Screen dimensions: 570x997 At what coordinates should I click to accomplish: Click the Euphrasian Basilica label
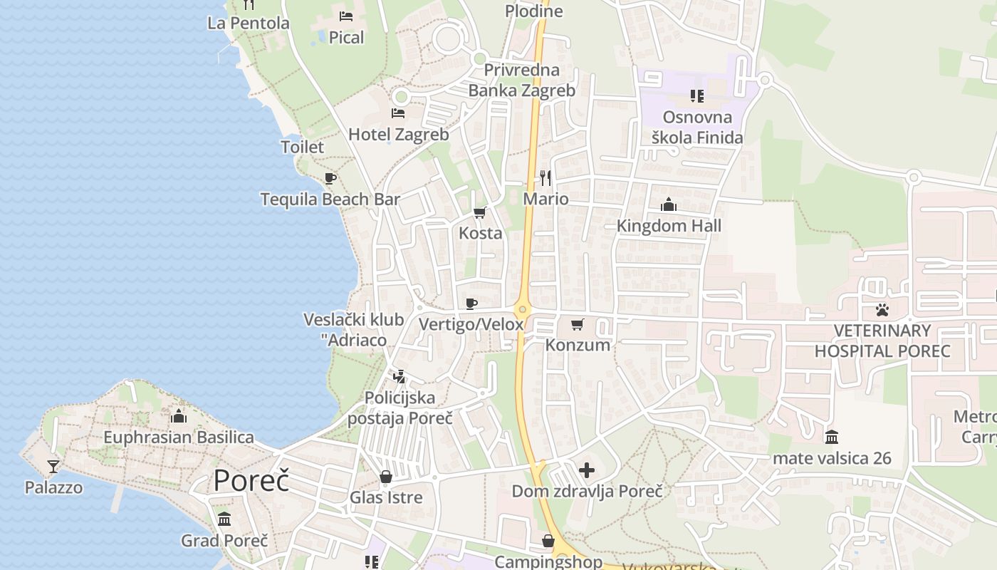click(x=179, y=437)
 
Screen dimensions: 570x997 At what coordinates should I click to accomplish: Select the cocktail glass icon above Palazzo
click(x=53, y=467)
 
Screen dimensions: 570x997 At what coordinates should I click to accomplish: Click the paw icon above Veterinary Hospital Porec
click(x=882, y=310)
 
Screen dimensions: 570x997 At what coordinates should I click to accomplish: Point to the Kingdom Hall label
click(x=669, y=226)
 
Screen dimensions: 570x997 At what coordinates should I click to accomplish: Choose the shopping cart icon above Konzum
click(x=578, y=324)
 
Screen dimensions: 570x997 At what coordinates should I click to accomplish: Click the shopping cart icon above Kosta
click(x=480, y=212)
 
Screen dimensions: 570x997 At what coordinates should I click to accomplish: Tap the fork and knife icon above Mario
click(x=546, y=177)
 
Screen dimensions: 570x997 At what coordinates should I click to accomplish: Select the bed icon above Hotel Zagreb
click(x=398, y=113)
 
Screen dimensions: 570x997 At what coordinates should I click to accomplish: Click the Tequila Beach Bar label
click(x=330, y=199)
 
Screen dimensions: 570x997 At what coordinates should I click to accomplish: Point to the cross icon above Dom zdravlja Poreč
click(x=587, y=470)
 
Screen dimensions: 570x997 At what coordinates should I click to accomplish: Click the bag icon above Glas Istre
click(x=386, y=476)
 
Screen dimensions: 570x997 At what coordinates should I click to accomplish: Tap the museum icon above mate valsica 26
click(x=832, y=437)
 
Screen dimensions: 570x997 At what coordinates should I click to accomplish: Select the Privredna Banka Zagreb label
click(x=522, y=80)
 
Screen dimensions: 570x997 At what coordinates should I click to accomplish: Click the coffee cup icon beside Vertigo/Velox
click(x=471, y=304)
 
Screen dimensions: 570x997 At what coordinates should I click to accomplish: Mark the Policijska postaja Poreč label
click(x=400, y=408)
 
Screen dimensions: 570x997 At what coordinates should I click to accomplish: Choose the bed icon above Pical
click(x=346, y=16)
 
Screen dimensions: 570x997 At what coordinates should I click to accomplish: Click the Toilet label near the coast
click(x=303, y=147)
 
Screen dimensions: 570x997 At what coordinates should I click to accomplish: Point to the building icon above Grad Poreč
click(x=224, y=519)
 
